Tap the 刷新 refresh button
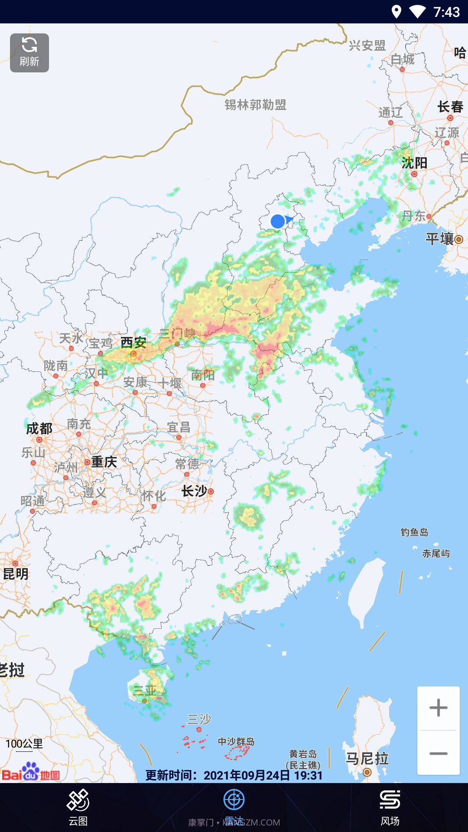pos(29,53)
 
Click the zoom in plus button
pos(438,708)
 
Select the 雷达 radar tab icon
pos(234,800)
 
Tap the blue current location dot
pos(278,221)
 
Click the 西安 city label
pos(133,343)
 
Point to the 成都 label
pos(39,429)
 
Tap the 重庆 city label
pos(104,462)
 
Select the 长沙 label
pos(194,491)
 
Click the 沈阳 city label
pos(414,163)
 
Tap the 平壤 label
pos(439,239)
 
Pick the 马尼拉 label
pos(367,759)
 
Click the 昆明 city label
pos(16,574)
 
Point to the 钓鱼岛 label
pos(414,532)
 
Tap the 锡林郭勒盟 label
pos(255,105)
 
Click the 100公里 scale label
pos(24,744)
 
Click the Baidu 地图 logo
pos(31,772)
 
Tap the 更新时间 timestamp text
pos(234,775)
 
